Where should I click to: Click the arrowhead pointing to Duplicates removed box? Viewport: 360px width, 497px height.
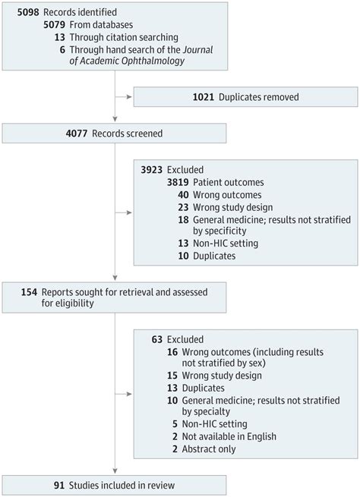[128, 96]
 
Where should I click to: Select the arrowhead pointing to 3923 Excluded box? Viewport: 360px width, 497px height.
[128, 212]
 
